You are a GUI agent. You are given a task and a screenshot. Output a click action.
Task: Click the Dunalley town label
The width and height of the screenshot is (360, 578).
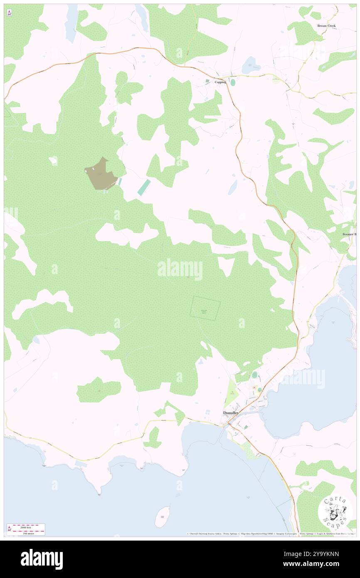pos(231,413)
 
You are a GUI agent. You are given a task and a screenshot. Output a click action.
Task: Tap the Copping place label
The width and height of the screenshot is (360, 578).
pos(220,82)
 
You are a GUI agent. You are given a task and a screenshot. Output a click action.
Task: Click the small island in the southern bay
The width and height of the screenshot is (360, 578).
pos(162,516)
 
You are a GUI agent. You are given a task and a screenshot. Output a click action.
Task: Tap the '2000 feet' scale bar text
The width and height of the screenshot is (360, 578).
pos(26,527)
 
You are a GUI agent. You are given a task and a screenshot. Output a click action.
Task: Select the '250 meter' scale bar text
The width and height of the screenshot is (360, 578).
pos(26,533)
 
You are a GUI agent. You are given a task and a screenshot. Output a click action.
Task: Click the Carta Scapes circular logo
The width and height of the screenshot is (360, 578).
pos(335,511)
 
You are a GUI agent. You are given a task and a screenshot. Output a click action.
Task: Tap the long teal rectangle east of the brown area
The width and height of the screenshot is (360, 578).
pos(144,187)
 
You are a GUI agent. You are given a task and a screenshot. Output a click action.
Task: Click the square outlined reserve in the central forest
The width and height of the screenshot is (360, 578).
pos(205,308)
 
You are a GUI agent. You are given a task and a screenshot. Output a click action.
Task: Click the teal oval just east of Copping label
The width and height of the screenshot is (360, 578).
pos(232,82)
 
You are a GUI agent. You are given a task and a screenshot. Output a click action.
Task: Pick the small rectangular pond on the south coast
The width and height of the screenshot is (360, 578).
pos(81,464)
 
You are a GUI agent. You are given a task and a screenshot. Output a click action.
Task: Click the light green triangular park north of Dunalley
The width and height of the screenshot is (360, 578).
pos(231,393)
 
